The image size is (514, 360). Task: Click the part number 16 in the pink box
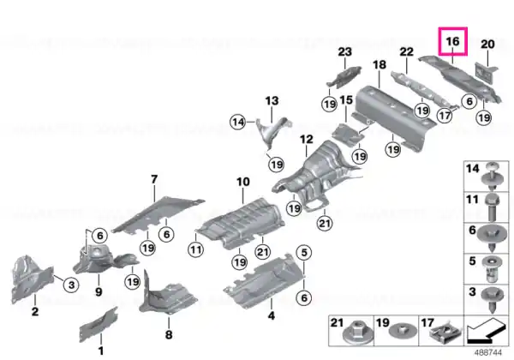[452, 41]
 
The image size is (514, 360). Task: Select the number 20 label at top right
[487, 44]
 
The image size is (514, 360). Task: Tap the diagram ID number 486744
[488, 352]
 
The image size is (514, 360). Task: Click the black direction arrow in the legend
[486, 330]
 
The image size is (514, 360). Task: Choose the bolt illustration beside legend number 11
[493, 207]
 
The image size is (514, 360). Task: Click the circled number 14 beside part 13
[238, 122]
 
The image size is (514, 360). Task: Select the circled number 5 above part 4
[304, 253]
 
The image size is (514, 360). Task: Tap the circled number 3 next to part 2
[71, 285]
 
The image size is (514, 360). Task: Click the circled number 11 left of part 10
[195, 249]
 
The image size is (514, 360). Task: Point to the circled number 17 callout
[445, 116]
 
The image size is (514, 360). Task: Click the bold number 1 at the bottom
[101, 351]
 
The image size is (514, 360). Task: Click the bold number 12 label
[307, 140]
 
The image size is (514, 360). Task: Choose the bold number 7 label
[154, 179]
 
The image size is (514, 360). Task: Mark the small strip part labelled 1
[99, 324]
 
